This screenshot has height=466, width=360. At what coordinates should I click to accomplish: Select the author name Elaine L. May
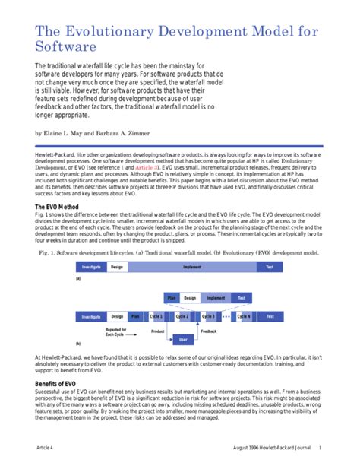(x=66, y=132)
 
